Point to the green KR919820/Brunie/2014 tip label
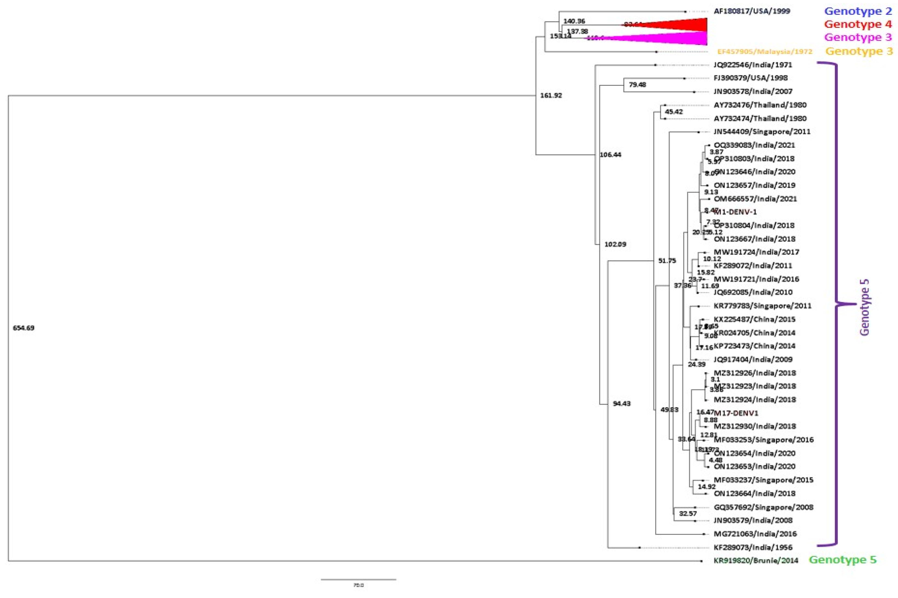point(756,561)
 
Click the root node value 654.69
point(24,328)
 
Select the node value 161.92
point(551,95)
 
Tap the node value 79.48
point(637,85)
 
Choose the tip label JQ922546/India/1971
point(753,65)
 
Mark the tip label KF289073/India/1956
point(753,547)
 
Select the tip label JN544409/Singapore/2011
point(762,132)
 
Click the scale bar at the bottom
point(358,579)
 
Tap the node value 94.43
point(621,404)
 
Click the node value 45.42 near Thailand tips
point(674,112)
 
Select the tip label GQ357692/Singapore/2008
point(763,507)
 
